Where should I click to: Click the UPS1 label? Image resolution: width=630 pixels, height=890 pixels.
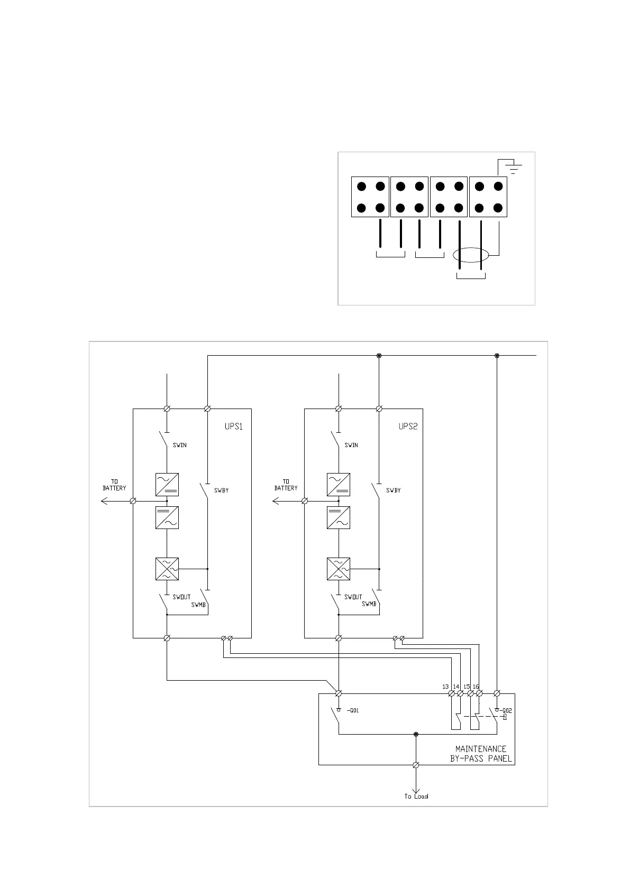click(233, 427)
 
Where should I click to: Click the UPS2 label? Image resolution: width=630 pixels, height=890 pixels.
click(408, 427)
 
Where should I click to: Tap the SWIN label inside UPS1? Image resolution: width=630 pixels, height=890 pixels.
click(180, 445)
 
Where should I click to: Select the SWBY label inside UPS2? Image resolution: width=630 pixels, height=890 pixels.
click(393, 490)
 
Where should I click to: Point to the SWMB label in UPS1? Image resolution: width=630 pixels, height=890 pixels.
click(198, 605)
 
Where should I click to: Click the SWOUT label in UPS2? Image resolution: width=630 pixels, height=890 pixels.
click(353, 597)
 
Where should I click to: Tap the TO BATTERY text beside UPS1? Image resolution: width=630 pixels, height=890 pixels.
click(114, 485)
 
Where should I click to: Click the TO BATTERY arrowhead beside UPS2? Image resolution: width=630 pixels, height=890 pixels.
click(275, 500)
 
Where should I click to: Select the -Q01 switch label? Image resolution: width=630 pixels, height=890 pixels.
click(353, 711)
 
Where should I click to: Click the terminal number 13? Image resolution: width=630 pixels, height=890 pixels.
click(445, 687)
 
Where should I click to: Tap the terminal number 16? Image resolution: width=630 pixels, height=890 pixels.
click(476, 687)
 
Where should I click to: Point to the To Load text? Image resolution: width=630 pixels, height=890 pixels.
click(416, 796)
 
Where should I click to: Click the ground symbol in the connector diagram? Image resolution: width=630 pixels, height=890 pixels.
click(513, 168)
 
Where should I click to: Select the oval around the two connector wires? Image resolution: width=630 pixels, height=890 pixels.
click(471, 255)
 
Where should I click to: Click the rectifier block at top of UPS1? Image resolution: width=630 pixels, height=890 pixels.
click(167, 484)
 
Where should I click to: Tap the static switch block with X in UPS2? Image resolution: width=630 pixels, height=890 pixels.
click(339, 569)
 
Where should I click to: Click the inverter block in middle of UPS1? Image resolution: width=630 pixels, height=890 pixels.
click(167, 518)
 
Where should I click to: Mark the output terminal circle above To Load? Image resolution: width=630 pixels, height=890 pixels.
click(416, 765)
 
